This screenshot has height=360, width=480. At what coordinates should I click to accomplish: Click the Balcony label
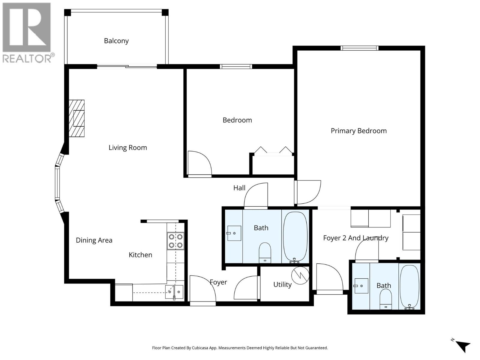(x=116, y=41)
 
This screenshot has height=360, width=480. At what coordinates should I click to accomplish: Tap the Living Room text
(x=127, y=148)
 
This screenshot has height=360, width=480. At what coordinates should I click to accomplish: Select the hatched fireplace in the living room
(x=77, y=118)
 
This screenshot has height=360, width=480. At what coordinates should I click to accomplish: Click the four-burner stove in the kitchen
(x=175, y=241)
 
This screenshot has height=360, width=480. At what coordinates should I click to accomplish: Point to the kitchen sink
(x=174, y=292)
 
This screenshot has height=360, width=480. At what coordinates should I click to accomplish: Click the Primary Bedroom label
(x=358, y=131)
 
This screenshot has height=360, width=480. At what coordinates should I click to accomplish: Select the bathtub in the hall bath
(x=295, y=237)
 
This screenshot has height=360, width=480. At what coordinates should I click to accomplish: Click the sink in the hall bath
(x=234, y=233)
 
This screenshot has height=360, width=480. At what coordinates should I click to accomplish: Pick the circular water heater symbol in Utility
(x=300, y=275)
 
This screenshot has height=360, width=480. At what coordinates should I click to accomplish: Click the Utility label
(x=282, y=284)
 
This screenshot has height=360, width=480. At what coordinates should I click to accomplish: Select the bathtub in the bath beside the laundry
(x=409, y=287)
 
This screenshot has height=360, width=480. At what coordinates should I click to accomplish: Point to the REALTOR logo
(x=28, y=32)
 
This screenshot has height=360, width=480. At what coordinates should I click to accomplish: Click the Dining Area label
(x=94, y=240)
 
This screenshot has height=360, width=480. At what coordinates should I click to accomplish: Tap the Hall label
(x=239, y=188)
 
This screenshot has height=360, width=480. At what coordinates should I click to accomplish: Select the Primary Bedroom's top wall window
(x=359, y=48)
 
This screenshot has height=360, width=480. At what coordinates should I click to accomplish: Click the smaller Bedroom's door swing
(x=199, y=163)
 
